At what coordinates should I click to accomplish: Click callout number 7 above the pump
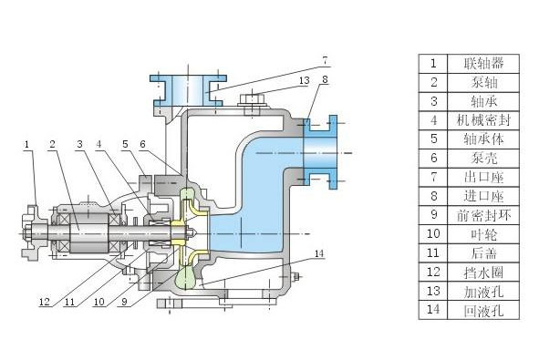click(326, 61)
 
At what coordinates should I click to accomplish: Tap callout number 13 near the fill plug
click(305, 81)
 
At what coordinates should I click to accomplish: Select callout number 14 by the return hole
click(319, 253)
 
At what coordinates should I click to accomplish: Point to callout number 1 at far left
click(26, 144)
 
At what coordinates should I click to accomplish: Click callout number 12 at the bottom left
click(45, 302)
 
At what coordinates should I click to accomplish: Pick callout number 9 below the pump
click(124, 302)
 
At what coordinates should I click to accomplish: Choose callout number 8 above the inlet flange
click(325, 79)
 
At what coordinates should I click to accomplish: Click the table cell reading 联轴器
click(483, 63)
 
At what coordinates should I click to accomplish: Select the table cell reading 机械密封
click(483, 120)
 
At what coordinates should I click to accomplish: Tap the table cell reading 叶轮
click(483, 234)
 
